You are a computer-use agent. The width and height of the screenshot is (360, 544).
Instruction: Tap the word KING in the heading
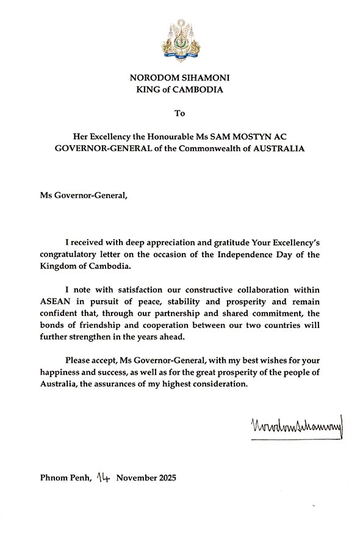click(145, 90)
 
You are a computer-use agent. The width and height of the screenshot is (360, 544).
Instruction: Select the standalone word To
click(179, 113)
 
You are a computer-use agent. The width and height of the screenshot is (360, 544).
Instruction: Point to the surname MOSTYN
click(251, 137)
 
